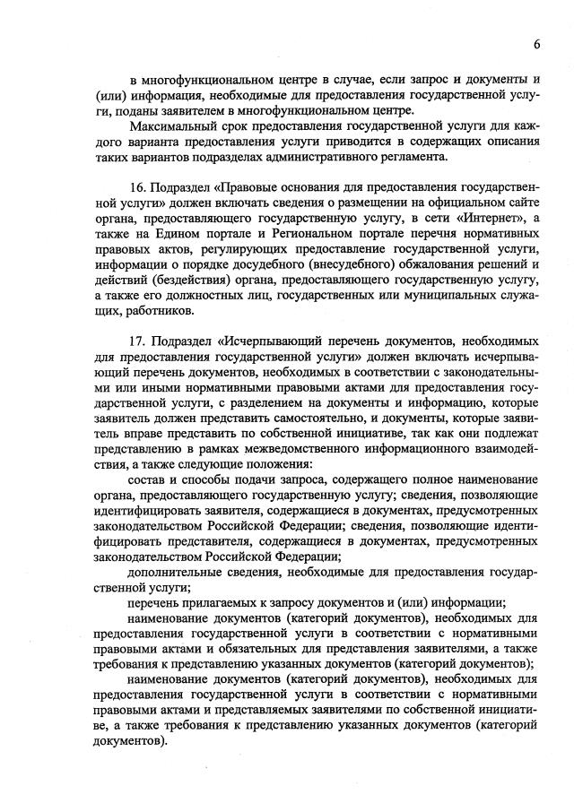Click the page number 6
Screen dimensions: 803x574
[x=535, y=43]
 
